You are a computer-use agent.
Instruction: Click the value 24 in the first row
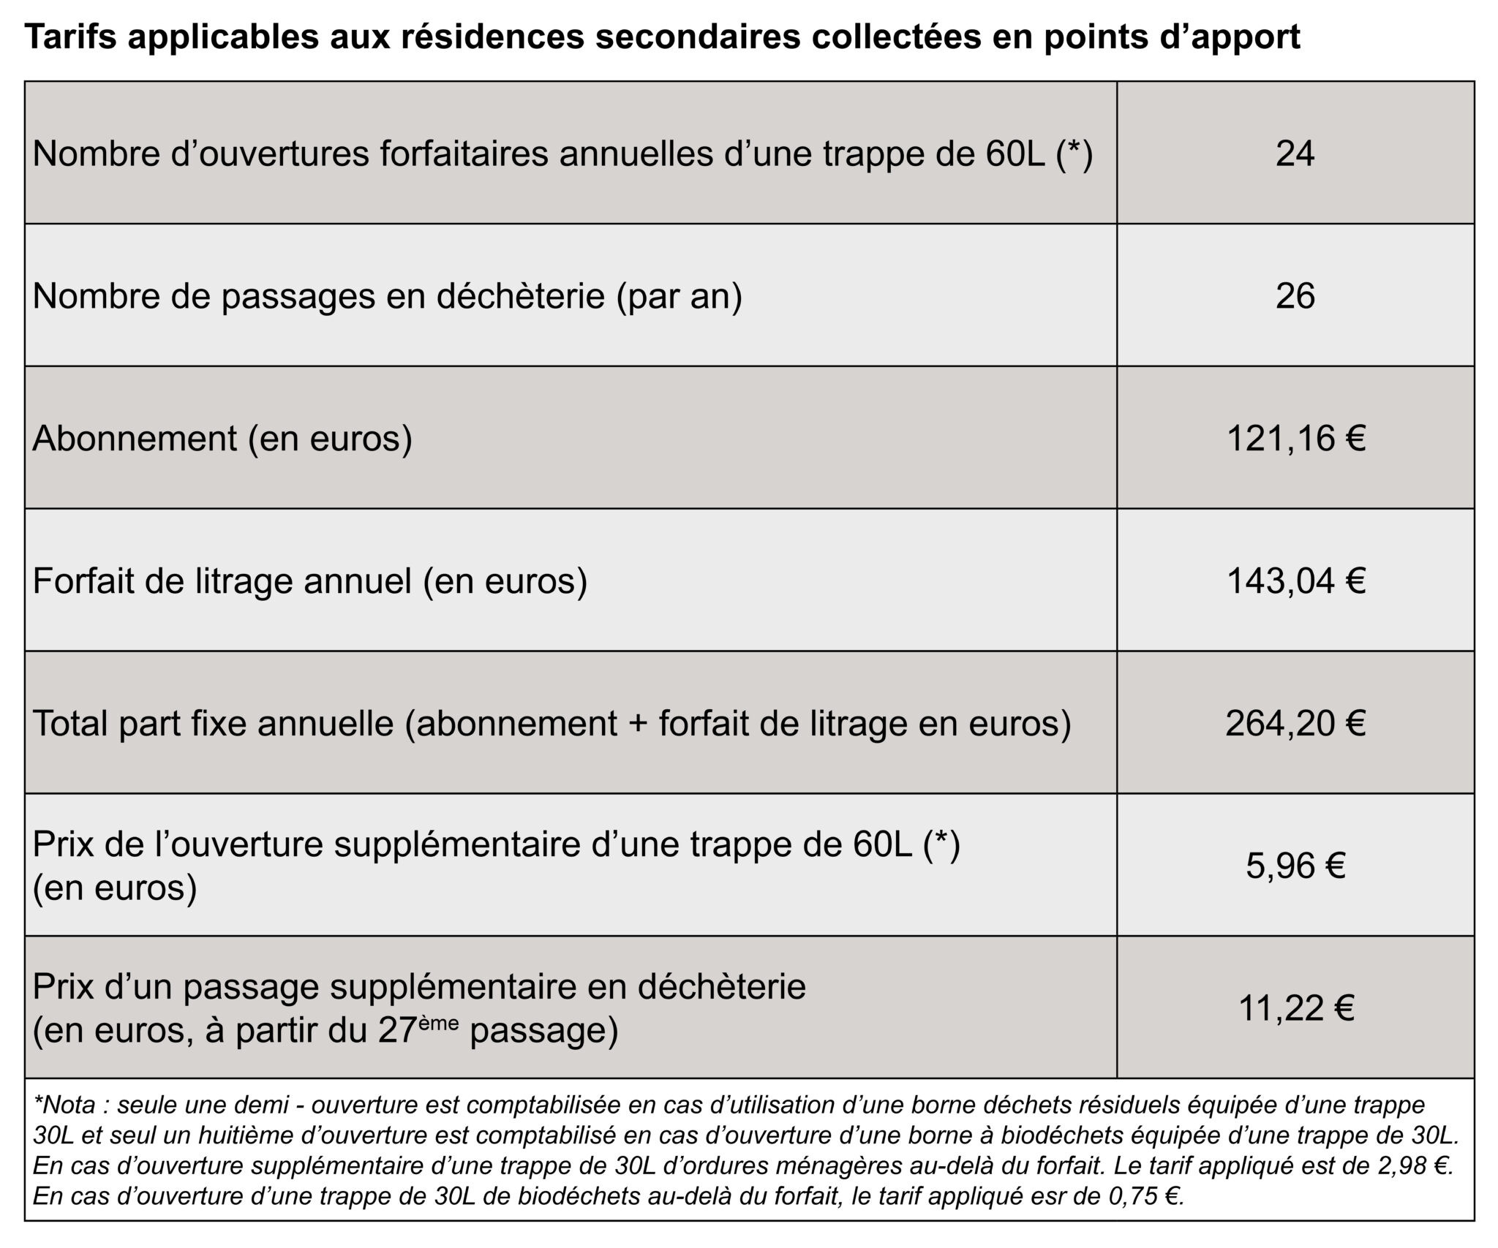(x=1295, y=154)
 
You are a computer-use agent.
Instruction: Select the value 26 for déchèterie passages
(x=1295, y=296)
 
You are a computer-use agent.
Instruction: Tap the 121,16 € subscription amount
(x=1295, y=439)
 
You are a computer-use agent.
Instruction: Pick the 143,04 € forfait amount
(x=1295, y=581)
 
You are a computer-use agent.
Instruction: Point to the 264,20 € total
(x=1295, y=724)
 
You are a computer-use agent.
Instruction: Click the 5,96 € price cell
(x=1295, y=866)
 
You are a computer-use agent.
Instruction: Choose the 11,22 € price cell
(x=1295, y=1009)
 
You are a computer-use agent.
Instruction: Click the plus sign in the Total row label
(x=638, y=724)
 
